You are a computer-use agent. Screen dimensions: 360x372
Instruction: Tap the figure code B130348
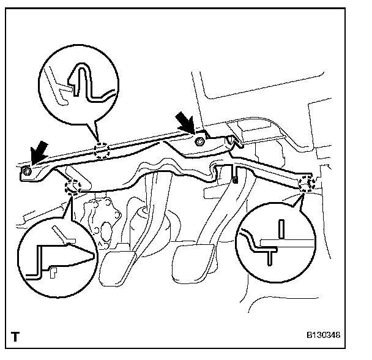[323, 336]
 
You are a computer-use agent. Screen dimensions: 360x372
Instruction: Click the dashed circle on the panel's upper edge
[102, 151]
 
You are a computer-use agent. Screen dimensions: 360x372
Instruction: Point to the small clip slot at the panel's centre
[235, 180]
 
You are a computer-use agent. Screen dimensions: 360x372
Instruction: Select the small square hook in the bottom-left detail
[53, 270]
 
